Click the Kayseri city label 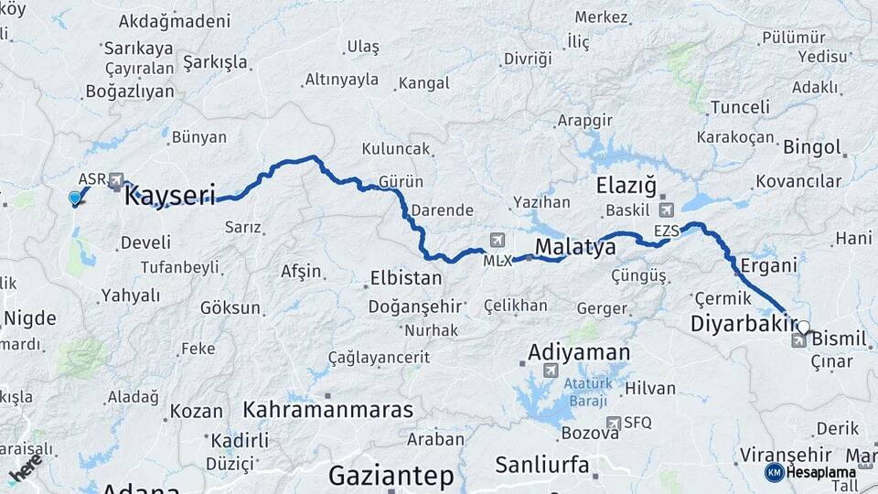pyautogui.click(x=169, y=195)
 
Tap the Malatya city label pyautogui.click(x=574, y=247)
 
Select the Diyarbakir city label pyautogui.click(x=744, y=324)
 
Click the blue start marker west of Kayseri pyautogui.click(x=75, y=198)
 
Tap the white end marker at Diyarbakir pyautogui.click(x=803, y=327)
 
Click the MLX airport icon pyautogui.click(x=497, y=241)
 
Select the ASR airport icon pyautogui.click(x=116, y=181)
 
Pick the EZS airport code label pyautogui.click(x=667, y=231)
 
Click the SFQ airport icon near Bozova pyautogui.click(x=615, y=422)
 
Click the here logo pyautogui.click(x=25, y=468)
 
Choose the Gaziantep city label pyautogui.click(x=391, y=476)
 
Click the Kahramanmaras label pyautogui.click(x=328, y=409)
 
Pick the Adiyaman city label pyautogui.click(x=579, y=352)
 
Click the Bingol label pyautogui.click(x=811, y=147)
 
